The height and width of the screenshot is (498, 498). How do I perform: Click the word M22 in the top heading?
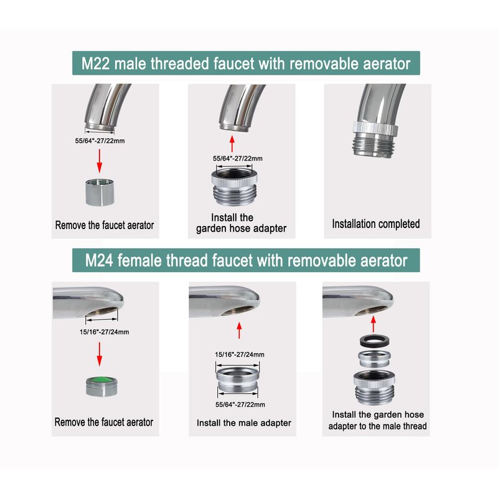[x=95, y=63]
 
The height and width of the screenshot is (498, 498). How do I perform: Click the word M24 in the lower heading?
[x=99, y=260]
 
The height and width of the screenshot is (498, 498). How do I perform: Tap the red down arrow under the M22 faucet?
[x=100, y=161]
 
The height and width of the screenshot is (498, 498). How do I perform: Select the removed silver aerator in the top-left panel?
[x=100, y=192]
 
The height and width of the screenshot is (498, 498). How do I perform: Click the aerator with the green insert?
[x=101, y=386]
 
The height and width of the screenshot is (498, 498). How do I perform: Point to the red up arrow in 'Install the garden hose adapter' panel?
[x=232, y=144]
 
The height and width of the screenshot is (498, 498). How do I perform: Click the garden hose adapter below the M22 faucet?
[x=235, y=187]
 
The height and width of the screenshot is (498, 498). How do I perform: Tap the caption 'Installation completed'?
[x=376, y=224]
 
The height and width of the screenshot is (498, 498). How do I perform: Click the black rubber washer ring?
[x=375, y=341]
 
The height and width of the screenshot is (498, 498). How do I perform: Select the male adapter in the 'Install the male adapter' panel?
[x=238, y=380]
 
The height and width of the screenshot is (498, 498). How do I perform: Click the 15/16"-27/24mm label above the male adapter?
[x=240, y=354]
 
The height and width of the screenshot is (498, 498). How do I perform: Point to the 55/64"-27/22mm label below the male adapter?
[x=240, y=405]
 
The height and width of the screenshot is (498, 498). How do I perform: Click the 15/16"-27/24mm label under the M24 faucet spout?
[x=104, y=332]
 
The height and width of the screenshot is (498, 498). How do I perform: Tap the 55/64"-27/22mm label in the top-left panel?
[x=100, y=141]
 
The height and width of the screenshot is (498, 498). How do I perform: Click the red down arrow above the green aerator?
[x=100, y=354]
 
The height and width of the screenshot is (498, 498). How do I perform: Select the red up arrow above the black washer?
[x=374, y=324]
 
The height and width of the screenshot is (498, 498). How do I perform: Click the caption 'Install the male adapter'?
[x=244, y=423]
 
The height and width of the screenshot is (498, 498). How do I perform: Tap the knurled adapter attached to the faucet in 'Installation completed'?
[x=375, y=139]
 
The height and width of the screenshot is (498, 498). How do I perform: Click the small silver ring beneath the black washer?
[x=375, y=359]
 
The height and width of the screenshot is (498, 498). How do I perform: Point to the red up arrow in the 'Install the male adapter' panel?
[x=239, y=331]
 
